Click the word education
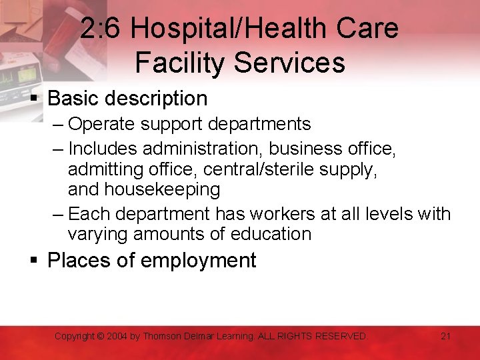(x=271, y=235)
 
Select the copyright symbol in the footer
(x=100, y=336)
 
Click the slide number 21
(x=446, y=336)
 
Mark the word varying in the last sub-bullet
(x=98, y=235)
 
